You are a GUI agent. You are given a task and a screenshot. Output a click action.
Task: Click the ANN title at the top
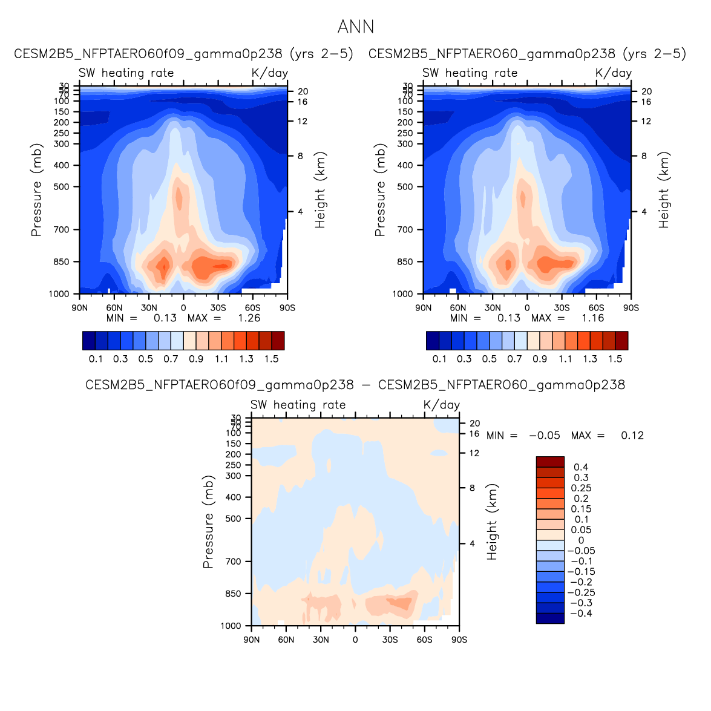tap(356, 27)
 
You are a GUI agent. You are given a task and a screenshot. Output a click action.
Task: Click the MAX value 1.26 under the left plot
tap(249, 318)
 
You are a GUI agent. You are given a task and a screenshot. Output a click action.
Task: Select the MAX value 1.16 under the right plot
tap(592, 318)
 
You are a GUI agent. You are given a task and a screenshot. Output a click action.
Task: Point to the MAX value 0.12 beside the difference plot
tap(632, 436)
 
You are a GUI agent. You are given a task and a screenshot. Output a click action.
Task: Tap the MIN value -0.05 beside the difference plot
tap(545, 436)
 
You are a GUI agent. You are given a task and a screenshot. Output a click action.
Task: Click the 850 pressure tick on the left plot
tap(62, 262)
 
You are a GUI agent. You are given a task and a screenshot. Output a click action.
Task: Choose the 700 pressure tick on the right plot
tap(406, 230)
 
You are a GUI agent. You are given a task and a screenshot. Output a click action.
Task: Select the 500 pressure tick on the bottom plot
tap(234, 519)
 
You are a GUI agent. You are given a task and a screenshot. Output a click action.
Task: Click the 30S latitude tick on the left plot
tap(218, 308)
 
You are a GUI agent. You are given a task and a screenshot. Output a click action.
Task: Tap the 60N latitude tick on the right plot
tap(458, 308)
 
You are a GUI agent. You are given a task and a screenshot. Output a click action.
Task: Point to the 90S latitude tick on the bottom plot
tap(459, 640)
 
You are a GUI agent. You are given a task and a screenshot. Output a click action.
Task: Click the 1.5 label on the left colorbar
tap(272, 359)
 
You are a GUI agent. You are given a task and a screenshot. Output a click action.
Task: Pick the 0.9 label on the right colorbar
tap(540, 359)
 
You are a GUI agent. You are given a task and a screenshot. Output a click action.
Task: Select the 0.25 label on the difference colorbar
tap(582, 488)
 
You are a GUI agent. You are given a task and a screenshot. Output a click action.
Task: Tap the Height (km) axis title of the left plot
tap(320, 190)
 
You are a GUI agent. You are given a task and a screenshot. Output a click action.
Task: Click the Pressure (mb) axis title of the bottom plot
tap(208, 522)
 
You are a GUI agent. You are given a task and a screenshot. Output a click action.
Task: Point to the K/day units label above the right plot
tap(614, 73)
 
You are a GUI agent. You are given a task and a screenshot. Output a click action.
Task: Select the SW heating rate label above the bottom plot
tap(298, 405)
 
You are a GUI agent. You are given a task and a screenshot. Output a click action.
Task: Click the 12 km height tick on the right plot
tap(646, 122)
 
